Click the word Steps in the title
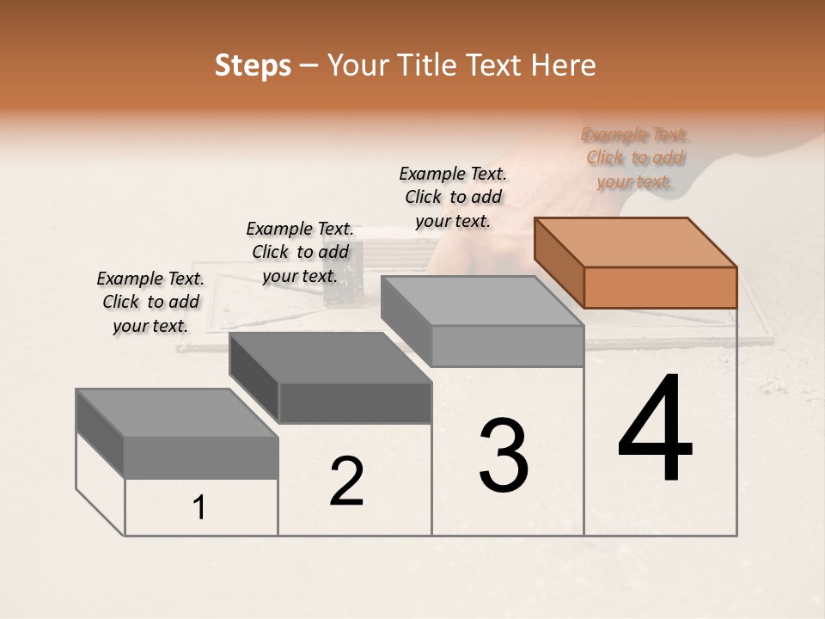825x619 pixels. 253,66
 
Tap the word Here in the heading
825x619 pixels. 563,66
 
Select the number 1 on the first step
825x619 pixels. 199,508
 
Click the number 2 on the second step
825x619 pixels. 346,481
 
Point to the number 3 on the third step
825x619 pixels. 503,456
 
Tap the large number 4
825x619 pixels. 655,429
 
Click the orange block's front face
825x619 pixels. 660,287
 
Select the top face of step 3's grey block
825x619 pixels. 481,301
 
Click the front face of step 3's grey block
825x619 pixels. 507,346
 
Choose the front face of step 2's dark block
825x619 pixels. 354,403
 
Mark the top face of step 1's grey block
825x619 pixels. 176,413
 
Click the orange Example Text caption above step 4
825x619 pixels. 635,158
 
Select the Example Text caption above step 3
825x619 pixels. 453,197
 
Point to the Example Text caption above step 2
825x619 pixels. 300,252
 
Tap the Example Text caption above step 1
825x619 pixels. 150,302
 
